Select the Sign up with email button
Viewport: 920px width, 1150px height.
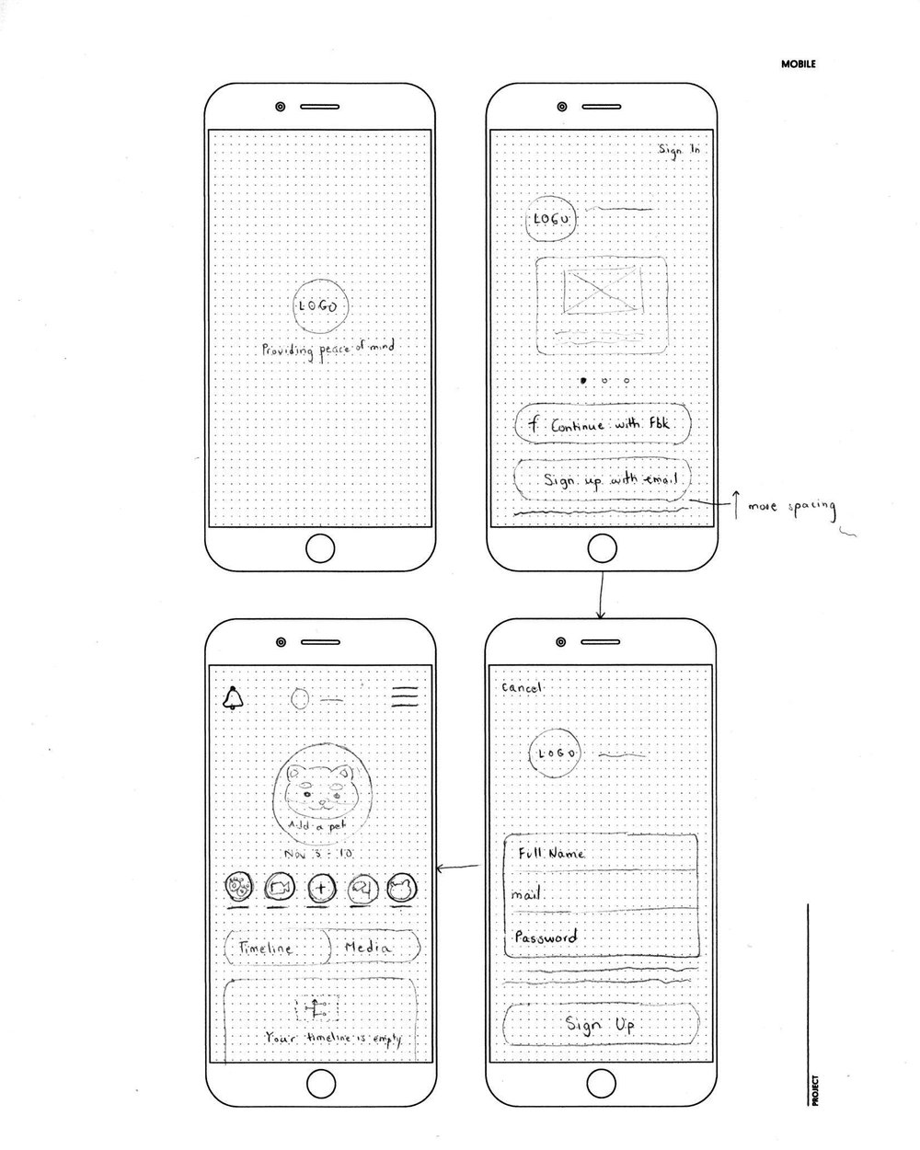click(602, 480)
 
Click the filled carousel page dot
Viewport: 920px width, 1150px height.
click(581, 379)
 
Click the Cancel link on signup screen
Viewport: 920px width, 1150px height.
click(523, 687)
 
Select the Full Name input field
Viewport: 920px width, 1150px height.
click(602, 854)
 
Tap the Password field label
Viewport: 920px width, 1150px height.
click(546, 937)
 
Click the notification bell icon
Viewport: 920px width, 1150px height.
click(234, 698)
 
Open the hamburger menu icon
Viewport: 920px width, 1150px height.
click(405, 696)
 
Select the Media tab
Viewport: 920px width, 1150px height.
click(373, 947)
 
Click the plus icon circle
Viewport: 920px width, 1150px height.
click(320, 889)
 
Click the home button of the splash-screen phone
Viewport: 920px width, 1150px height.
click(319, 549)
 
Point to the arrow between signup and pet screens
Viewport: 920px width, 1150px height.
click(459, 867)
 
